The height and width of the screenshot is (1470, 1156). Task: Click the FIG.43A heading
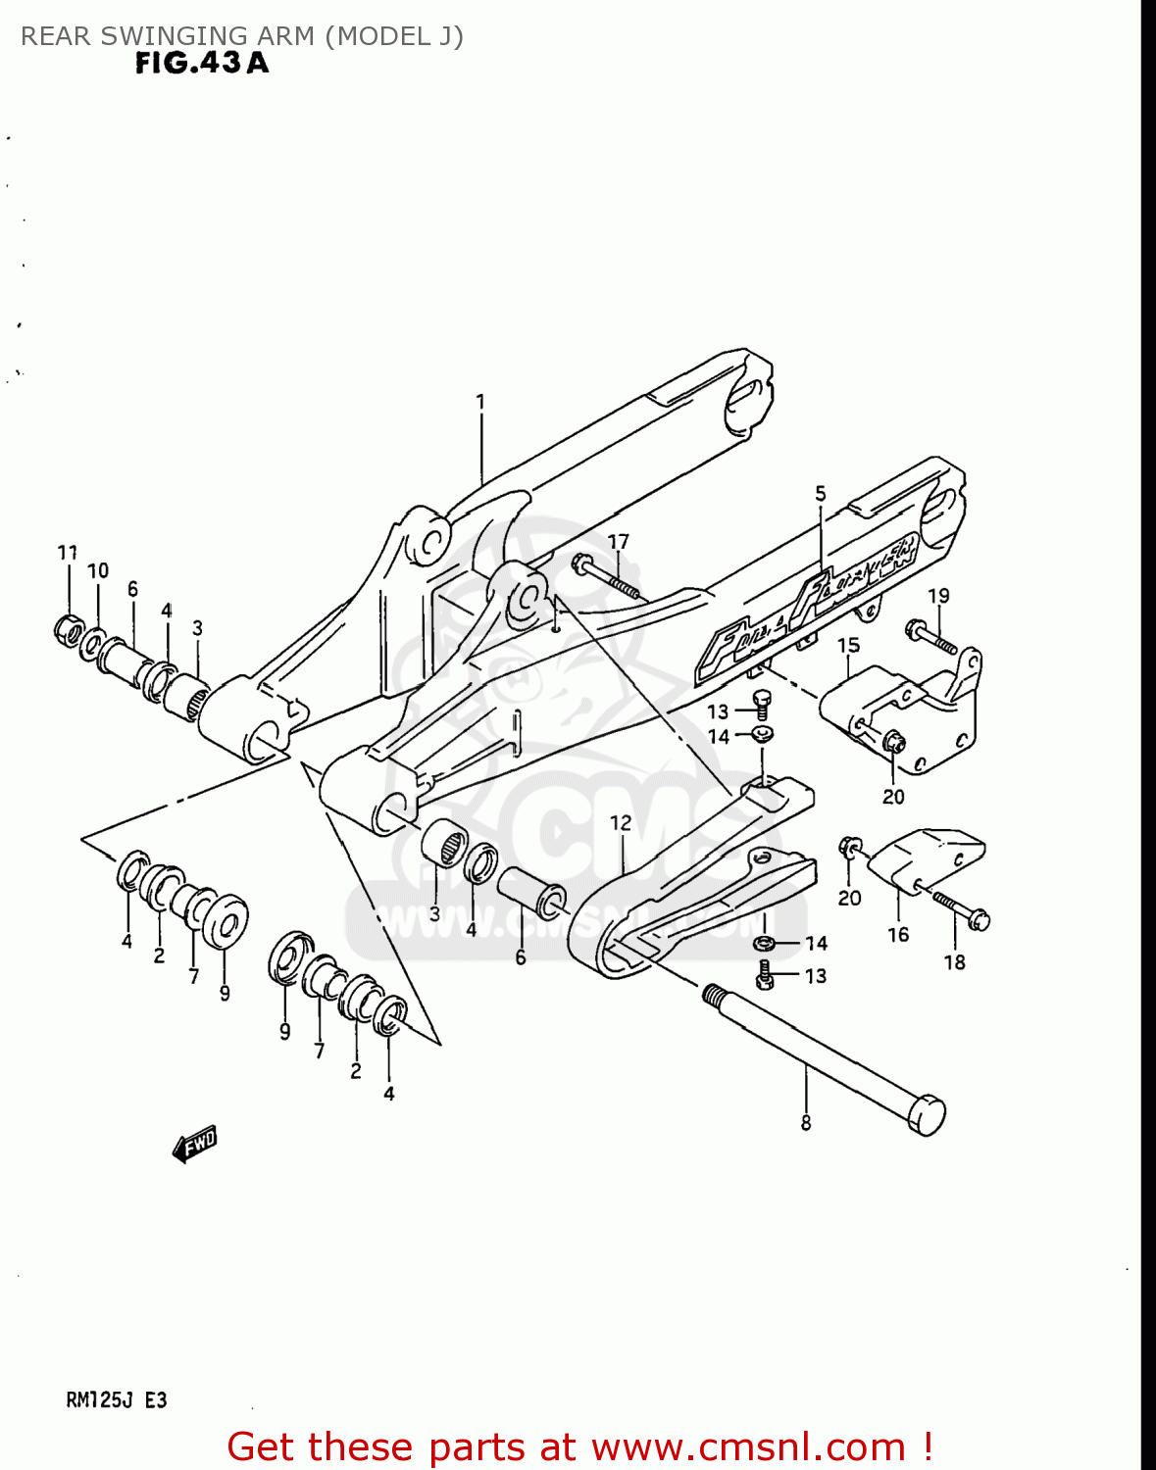(201, 64)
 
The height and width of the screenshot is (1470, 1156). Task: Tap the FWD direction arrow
(194, 1144)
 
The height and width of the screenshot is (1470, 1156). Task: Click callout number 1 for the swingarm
(480, 402)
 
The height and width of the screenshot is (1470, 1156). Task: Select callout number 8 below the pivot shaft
(806, 1123)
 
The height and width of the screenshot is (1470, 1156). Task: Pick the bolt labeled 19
(931, 635)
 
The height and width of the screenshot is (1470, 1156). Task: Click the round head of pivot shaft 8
(926, 1115)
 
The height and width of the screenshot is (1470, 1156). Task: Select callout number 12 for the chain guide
(621, 823)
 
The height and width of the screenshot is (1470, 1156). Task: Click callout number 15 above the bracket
(848, 645)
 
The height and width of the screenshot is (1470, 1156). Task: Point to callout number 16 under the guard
(898, 935)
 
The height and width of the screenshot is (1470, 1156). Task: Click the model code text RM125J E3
(116, 1400)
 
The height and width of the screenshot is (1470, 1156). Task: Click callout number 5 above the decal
(821, 494)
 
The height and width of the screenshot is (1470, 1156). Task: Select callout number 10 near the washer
(98, 570)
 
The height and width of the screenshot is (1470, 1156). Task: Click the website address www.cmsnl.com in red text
(748, 1446)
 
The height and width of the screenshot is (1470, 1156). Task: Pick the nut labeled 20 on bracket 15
(892, 744)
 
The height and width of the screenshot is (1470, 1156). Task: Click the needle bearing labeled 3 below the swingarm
(444, 841)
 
